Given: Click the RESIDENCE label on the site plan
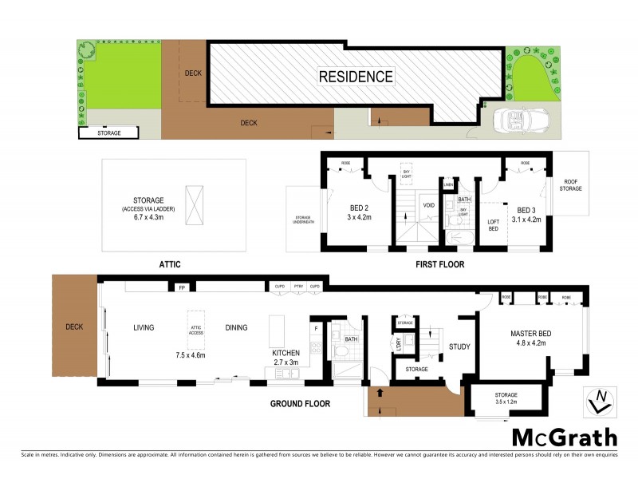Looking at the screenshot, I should (x=356, y=77).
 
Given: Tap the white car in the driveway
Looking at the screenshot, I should (x=511, y=121).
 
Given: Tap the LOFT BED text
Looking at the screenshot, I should (x=492, y=227).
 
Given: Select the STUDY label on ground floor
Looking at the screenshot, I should (x=460, y=346).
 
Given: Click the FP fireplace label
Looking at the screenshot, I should (x=182, y=286).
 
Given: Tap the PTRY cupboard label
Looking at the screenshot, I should (x=297, y=286).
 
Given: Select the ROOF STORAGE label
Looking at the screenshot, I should (x=570, y=185).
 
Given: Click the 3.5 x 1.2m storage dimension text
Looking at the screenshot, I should (x=506, y=402).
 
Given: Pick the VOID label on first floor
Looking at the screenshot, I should (x=429, y=205).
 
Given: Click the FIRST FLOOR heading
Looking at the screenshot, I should (x=439, y=263).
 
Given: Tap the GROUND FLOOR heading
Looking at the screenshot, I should (x=300, y=404).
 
